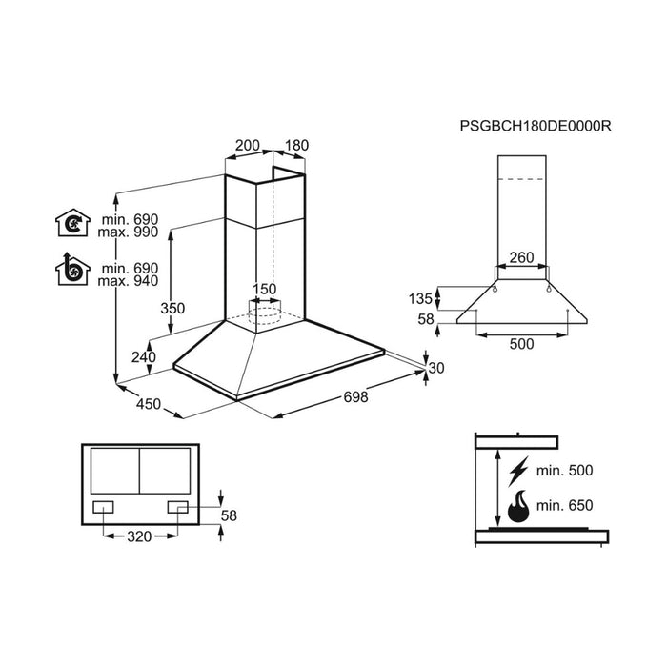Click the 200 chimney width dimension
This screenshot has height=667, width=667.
247,146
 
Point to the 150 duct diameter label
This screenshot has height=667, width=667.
265,290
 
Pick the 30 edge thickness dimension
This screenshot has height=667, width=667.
437,369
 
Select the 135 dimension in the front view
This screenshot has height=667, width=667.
420,298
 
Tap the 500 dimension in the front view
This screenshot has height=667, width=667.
521,345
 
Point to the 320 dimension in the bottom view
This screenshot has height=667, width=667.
138,536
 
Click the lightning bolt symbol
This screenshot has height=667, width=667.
519,471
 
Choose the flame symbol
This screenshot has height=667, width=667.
519,506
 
